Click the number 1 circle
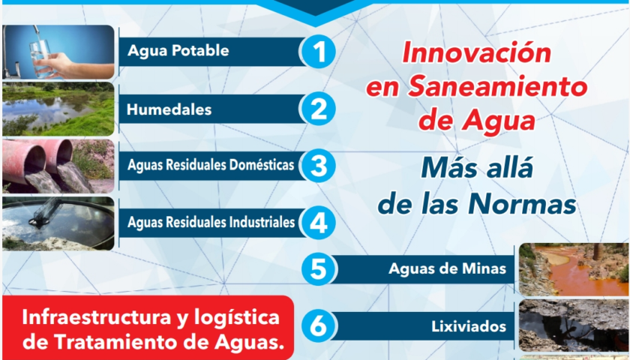318,52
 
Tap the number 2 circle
318,109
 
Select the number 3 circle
318,166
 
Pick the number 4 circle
318,223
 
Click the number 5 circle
318,269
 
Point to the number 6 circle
318,326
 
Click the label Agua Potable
178,52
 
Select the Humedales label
169,109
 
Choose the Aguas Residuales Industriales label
211,223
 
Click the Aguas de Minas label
442,269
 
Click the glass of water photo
58,52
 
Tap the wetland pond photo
58,109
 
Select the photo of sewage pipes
58,166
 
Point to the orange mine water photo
574,269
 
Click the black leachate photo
574,326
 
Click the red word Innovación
476,54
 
